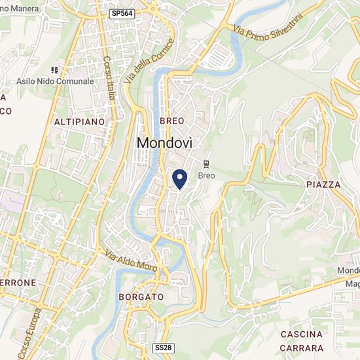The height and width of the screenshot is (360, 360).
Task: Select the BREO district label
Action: point(171,121)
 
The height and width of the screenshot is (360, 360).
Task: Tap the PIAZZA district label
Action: point(323,185)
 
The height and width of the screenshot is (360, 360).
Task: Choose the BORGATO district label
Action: point(141,297)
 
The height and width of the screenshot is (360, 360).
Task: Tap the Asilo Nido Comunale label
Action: point(55,82)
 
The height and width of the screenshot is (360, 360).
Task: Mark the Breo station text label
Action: point(206,175)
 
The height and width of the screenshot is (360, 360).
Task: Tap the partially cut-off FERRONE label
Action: point(18,283)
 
